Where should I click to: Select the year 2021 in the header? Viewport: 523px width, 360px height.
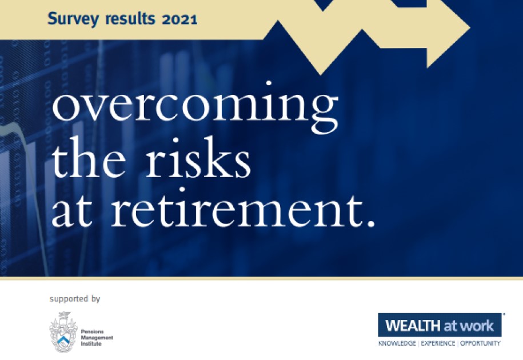pos(179,19)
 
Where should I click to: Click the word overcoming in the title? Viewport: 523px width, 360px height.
pos(195,109)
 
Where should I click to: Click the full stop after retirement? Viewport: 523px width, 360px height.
pos(370,223)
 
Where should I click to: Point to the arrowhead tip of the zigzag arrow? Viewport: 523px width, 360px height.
pos(469,27)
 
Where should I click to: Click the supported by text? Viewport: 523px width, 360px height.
pos(75,298)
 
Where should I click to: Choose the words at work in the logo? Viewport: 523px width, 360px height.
pos(469,326)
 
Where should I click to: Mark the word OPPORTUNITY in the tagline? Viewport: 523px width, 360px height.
pos(480,343)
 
